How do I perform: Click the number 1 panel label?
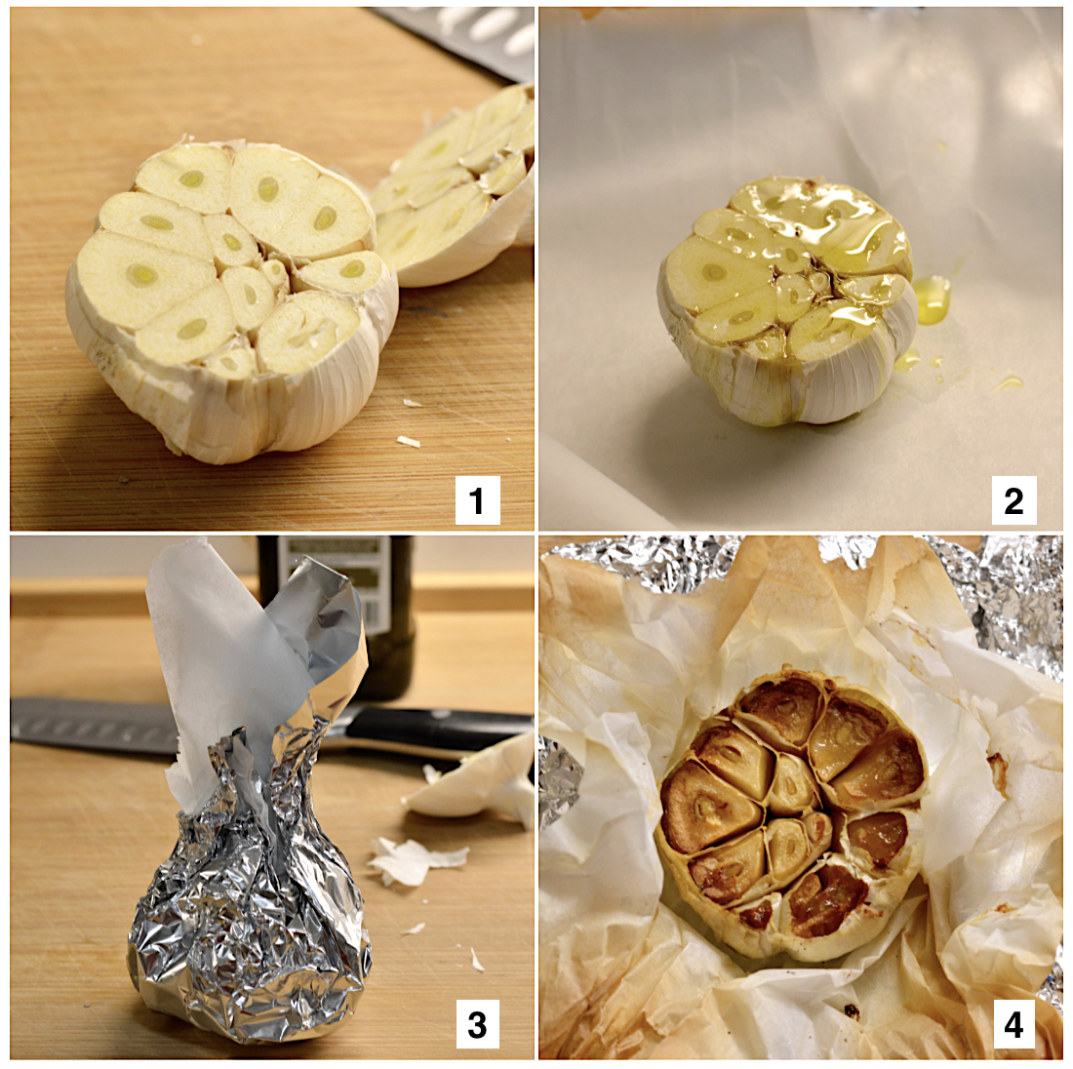point(478,500)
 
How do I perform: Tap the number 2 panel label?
point(1013,500)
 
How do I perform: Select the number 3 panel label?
point(478,1024)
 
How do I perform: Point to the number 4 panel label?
point(1013,1024)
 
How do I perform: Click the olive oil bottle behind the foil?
point(356,615)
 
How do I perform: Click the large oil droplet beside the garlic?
point(932,298)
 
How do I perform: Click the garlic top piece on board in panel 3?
point(472,780)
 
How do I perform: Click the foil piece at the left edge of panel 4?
point(558,780)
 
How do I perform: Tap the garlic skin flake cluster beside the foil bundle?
point(411,859)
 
